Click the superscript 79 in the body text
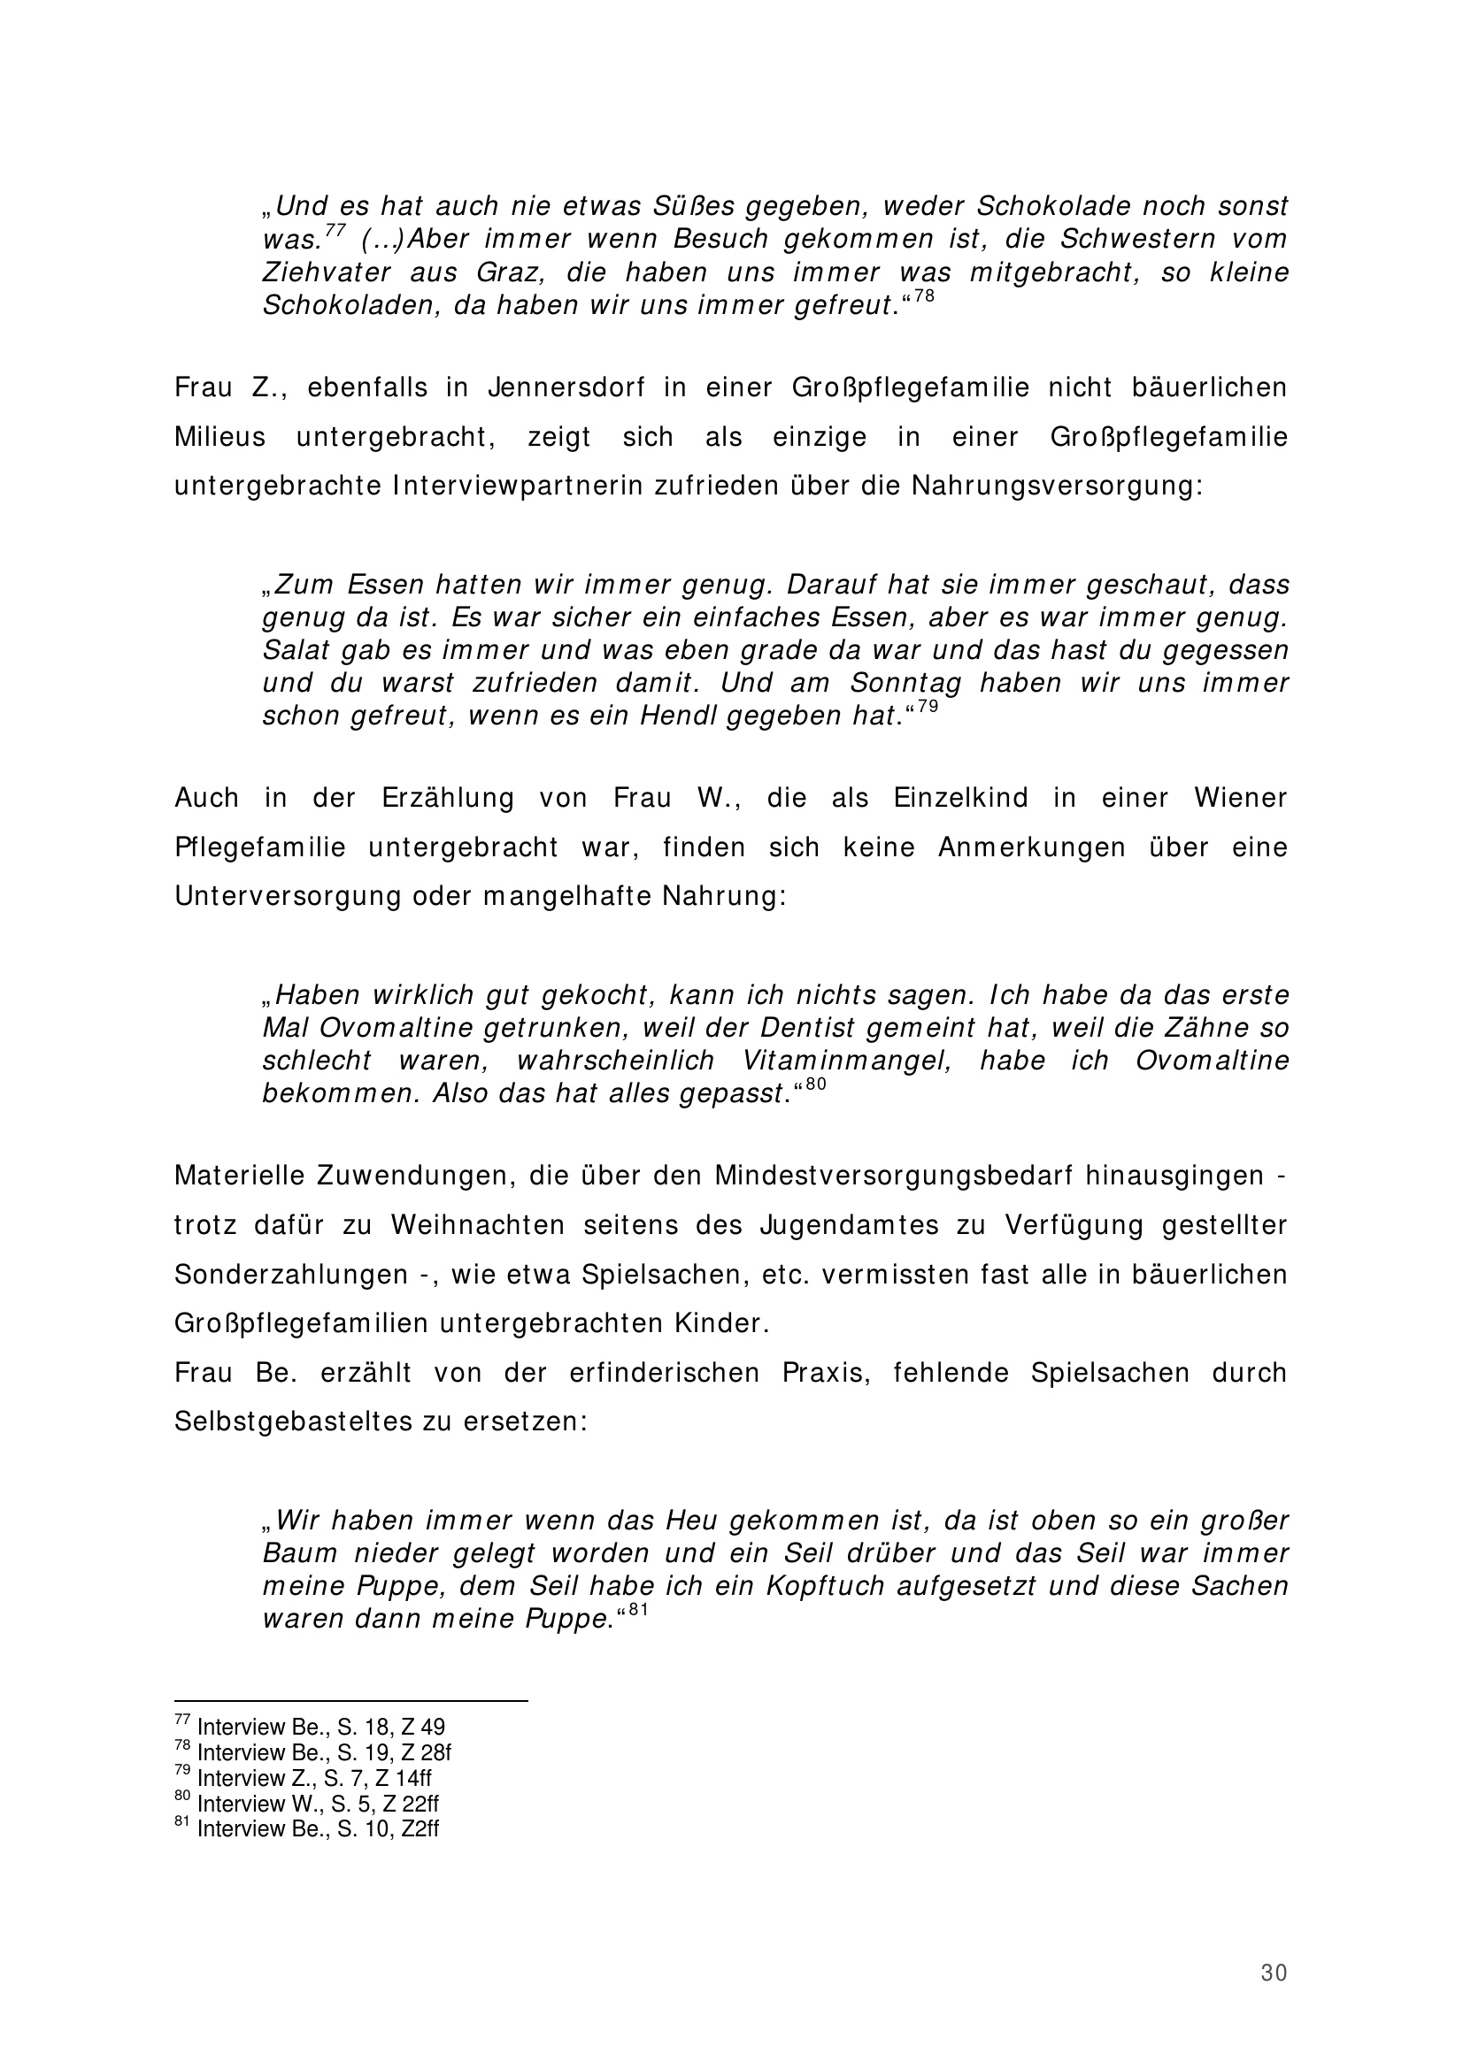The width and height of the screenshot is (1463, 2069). click(x=928, y=707)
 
